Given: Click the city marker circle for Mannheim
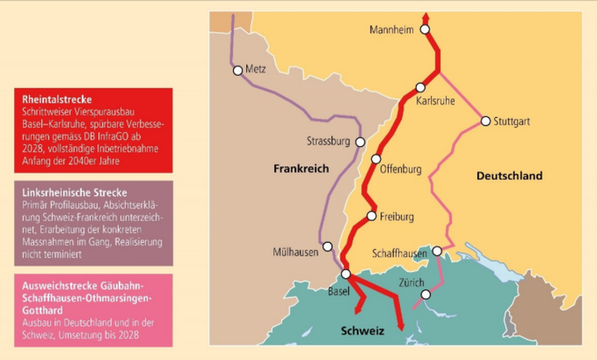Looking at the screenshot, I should pyautogui.click(x=425, y=29).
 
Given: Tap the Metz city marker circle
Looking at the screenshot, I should pyautogui.click(x=237, y=70).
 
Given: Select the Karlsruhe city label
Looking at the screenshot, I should pyautogui.click(x=436, y=101).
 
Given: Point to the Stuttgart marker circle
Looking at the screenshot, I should pyautogui.click(x=486, y=121).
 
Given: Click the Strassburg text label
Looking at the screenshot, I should pyautogui.click(x=328, y=142).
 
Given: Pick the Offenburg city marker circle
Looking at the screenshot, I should pyautogui.click(x=375, y=159).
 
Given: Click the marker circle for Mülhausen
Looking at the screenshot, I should pyautogui.click(x=328, y=246).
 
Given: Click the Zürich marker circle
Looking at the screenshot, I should pyautogui.click(x=426, y=294).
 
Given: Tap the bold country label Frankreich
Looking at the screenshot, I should pyautogui.click(x=301, y=168).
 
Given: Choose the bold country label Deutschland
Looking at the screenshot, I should pyautogui.click(x=509, y=176).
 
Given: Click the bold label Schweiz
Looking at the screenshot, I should pyautogui.click(x=362, y=331).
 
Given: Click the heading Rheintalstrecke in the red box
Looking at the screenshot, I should pyautogui.click(x=57, y=99).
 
